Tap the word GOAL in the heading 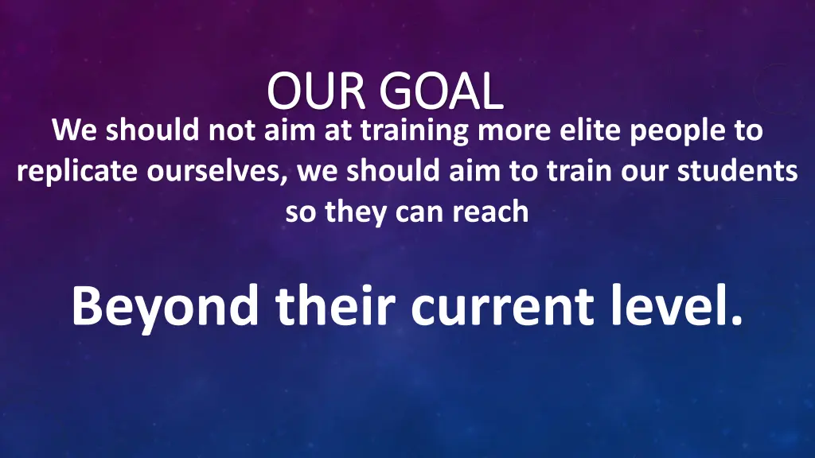pos(442,92)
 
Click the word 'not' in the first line pos(232,130)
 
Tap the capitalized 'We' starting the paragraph pos(74,130)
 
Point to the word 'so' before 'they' pos(300,212)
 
